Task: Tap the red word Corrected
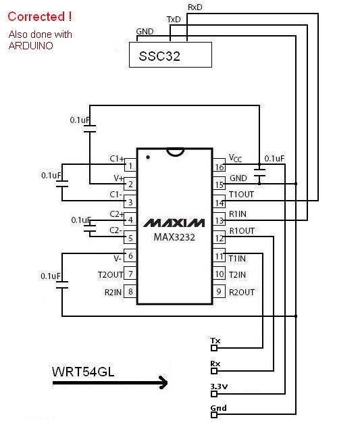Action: tap(36, 17)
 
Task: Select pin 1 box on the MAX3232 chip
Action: tap(130, 165)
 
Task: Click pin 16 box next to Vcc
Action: tap(220, 165)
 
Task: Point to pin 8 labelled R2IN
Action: tap(130, 291)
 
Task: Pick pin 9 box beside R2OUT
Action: tap(219, 291)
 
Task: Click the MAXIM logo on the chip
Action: tap(174, 223)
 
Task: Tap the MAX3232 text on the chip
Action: tap(174, 237)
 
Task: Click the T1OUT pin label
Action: tap(241, 194)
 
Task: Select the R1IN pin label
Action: tap(238, 214)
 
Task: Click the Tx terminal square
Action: tap(214, 348)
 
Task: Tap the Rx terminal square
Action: tap(214, 371)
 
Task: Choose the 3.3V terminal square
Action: tap(214, 394)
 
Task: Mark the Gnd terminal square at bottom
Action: tap(214, 415)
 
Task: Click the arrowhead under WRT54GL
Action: tap(163, 382)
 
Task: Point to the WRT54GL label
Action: tap(83, 372)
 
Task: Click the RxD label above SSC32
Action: tap(195, 7)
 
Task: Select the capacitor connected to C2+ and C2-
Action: tap(90, 228)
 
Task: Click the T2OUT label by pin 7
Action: tap(110, 274)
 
